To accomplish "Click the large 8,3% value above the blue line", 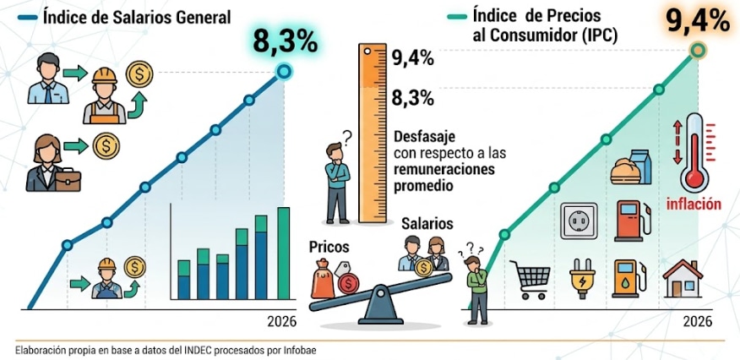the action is (285, 41).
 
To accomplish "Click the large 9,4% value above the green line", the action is (698, 21).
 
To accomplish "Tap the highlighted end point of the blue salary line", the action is (284, 72).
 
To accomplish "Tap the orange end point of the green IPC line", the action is (698, 50).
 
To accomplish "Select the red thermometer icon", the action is (694, 153).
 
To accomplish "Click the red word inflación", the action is (694, 205).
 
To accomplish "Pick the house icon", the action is (683, 278).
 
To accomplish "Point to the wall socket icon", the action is (579, 221).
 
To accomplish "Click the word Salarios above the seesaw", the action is (427, 224).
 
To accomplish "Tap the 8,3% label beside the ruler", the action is (413, 99).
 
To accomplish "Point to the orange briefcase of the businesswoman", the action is (68, 180).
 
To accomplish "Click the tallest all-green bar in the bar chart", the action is (283, 254).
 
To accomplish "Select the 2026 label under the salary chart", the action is (282, 321).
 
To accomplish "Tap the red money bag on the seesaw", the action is (323, 281).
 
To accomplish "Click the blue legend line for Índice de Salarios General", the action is (27, 18).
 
